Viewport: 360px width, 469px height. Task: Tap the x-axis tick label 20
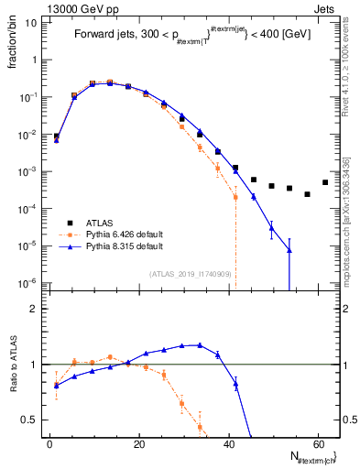(139, 442)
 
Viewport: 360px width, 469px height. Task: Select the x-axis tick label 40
(228, 442)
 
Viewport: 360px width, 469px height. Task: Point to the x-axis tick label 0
(50, 442)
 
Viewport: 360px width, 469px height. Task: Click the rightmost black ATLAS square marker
(325, 182)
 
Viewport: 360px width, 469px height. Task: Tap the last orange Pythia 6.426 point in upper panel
(235, 197)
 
